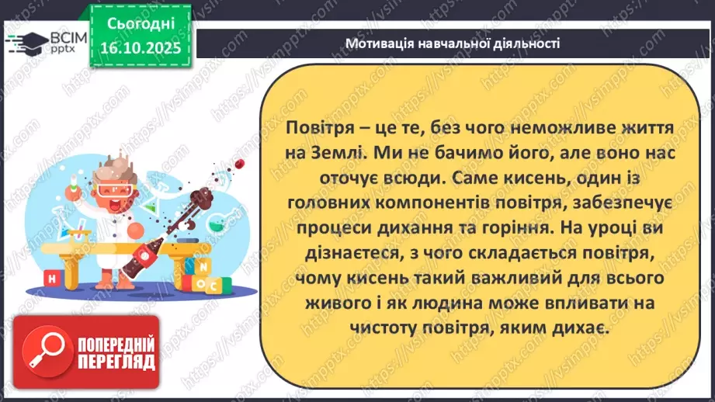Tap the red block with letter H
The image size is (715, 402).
tap(50, 279)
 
